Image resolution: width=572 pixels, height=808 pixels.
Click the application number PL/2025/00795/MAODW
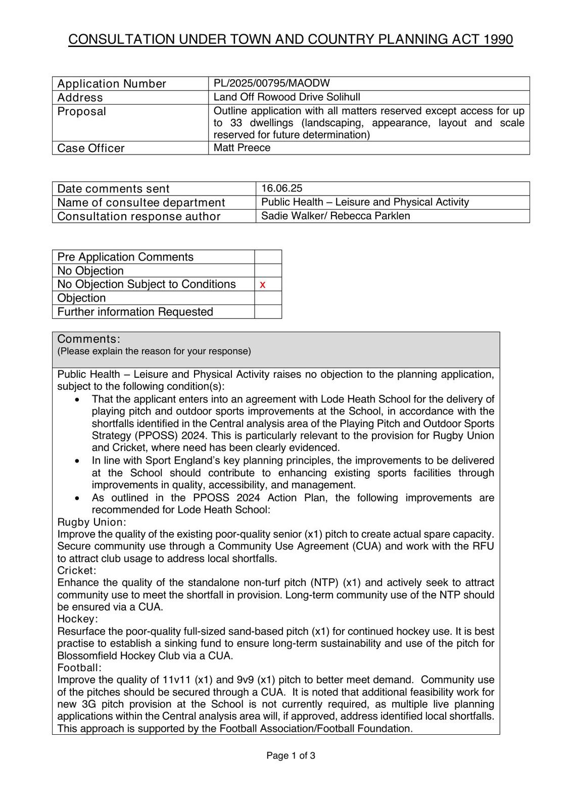271,83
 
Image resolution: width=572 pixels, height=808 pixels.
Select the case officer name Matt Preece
242,148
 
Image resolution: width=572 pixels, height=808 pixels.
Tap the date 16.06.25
281,188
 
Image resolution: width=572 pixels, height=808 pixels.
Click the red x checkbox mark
263,285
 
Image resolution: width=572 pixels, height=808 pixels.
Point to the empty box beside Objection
268,298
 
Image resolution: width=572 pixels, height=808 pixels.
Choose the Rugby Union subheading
91,522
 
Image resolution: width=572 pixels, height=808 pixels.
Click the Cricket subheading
76,571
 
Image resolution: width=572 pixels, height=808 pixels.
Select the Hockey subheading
77,619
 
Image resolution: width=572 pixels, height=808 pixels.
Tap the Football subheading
79,668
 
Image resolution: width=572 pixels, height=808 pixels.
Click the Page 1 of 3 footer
291,756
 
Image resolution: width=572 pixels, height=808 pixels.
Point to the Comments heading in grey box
88,339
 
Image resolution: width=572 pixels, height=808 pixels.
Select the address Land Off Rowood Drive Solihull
287,97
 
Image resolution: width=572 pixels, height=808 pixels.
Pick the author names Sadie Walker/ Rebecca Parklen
336,216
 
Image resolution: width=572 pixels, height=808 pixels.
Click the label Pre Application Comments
125,257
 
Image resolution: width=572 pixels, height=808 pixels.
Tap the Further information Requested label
135,312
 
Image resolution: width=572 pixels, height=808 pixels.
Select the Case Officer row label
91,148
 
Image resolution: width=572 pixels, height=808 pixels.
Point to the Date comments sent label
113,189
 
